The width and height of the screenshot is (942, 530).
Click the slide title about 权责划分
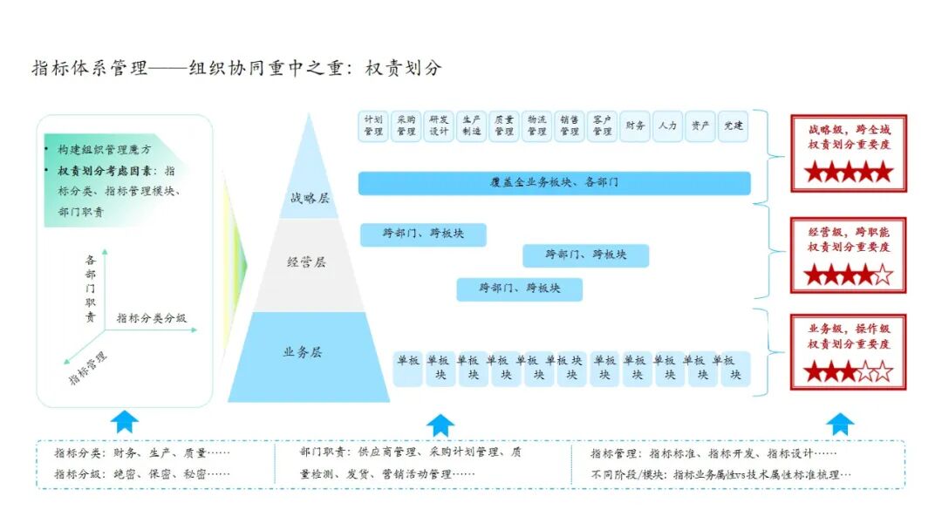[236, 69]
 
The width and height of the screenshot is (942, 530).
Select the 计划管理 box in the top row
[373, 126]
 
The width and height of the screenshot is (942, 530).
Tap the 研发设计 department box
[439, 126]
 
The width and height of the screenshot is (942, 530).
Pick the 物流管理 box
[537, 126]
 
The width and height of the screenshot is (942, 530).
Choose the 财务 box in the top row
[635, 126]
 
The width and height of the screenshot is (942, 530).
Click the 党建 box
[733, 126]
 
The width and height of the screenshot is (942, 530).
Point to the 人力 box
[668, 126]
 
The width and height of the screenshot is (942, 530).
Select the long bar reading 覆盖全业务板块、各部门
[554, 183]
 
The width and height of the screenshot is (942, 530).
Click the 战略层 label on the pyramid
[310, 198]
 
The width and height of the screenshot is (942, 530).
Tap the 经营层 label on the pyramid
[306, 262]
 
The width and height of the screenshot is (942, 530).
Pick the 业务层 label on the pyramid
[303, 352]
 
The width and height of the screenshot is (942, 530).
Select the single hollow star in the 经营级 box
[883, 276]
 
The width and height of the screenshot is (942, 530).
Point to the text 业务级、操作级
[849, 329]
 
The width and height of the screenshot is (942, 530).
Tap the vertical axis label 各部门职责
[92, 288]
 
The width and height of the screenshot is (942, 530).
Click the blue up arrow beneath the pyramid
[440, 425]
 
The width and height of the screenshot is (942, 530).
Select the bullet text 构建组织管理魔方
[104, 150]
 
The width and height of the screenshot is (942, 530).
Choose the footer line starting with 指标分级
[141, 474]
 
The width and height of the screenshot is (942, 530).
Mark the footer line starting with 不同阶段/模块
[720, 474]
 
